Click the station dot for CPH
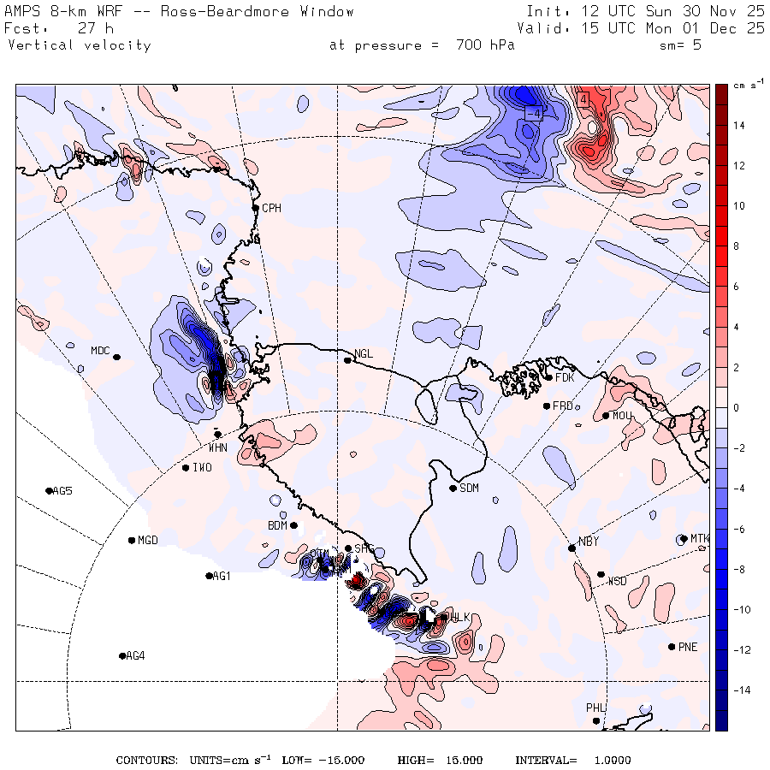click(255, 208)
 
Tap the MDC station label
click(101, 351)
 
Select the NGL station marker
click(348, 360)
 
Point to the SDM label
click(469, 489)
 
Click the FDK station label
click(565, 377)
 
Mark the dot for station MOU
click(606, 416)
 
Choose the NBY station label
click(589, 542)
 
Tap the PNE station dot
click(672, 646)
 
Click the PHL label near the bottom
click(595, 708)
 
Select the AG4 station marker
click(122, 656)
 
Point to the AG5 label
click(62, 491)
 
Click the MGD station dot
click(132, 541)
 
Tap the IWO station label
click(202, 468)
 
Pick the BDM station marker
click(293, 525)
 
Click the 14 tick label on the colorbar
click(737, 126)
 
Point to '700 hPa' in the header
click(481, 45)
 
